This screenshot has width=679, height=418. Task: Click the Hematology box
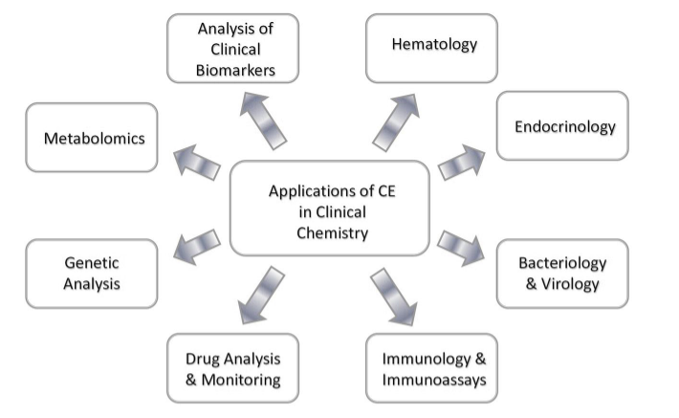pyautogui.click(x=432, y=47)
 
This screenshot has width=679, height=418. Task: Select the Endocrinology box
pyautogui.click(x=563, y=125)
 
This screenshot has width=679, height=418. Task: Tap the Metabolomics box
pyautogui.click(x=93, y=138)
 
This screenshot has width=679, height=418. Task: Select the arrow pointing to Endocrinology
pyautogui.click(x=462, y=162)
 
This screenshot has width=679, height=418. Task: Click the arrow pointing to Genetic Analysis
pyautogui.click(x=197, y=245)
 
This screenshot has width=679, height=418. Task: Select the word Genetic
pyautogui.click(x=93, y=262)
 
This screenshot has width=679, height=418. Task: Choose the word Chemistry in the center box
pyautogui.click(x=329, y=231)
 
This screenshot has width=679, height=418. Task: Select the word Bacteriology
pyautogui.click(x=562, y=262)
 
